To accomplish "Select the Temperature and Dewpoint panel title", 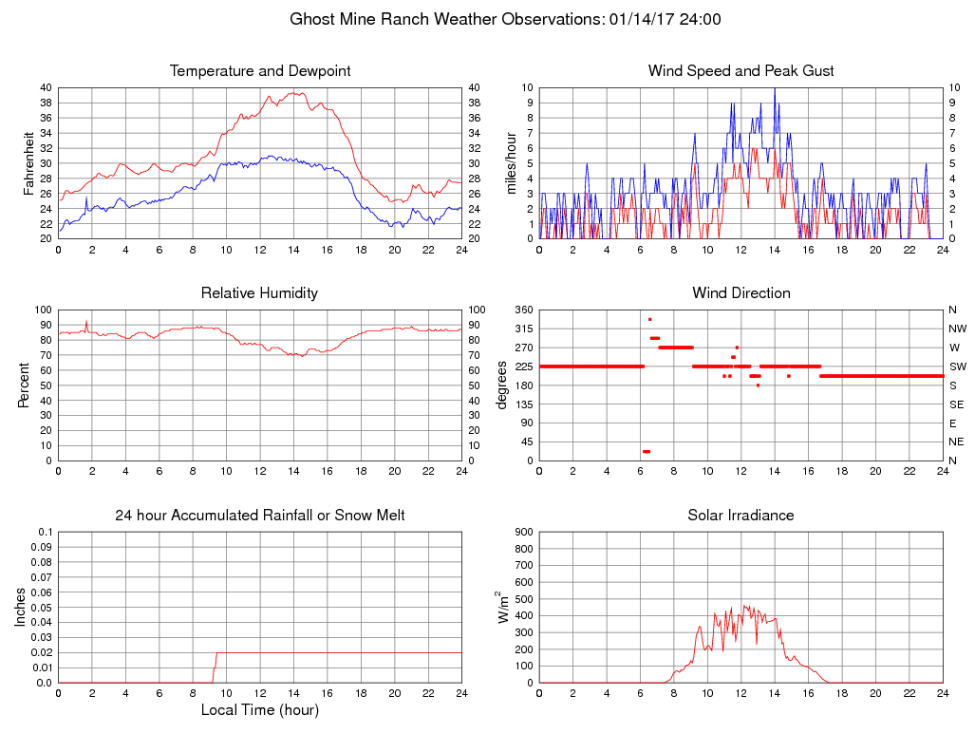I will [260, 71].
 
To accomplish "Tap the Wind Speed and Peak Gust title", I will [741, 71].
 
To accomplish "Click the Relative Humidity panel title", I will [259, 293].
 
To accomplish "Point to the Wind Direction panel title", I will [741, 293].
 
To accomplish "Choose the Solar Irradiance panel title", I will [741, 516].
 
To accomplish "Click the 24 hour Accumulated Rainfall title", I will [260, 516].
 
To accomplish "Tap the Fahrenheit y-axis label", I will [29, 163].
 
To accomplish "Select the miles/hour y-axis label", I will [511, 163].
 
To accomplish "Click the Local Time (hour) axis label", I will [259, 709].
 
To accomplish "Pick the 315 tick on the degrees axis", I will [521, 329].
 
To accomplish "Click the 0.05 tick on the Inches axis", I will [41, 608].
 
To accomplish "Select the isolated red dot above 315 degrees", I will [650, 319].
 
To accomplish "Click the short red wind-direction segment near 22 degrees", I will [647, 451].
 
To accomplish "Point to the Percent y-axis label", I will [24, 385].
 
